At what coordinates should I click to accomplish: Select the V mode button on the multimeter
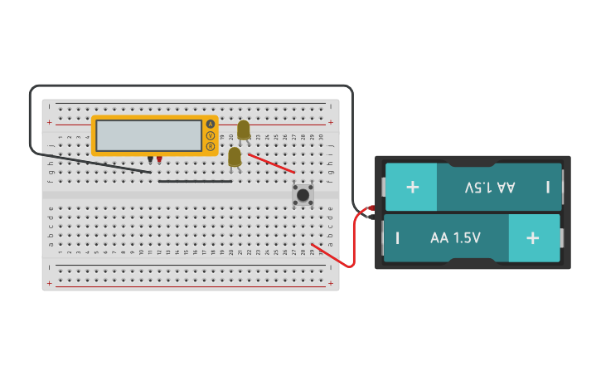[x=211, y=135]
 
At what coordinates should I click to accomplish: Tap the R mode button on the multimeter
[x=211, y=147]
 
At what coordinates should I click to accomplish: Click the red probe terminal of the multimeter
[x=159, y=159]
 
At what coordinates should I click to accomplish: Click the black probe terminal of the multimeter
[x=150, y=159]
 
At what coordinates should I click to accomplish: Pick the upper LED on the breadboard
[x=243, y=129]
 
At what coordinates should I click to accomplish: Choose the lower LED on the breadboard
[x=235, y=157]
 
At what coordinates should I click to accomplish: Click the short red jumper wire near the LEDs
[x=270, y=163]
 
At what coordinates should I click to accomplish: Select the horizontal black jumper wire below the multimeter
[x=195, y=181]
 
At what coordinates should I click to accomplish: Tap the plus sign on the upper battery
[x=412, y=186]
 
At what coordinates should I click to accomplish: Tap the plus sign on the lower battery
[x=532, y=238]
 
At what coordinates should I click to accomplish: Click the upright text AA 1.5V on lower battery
[x=455, y=238]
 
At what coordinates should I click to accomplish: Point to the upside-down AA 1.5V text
[x=490, y=187]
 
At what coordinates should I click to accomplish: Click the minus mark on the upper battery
[x=548, y=187]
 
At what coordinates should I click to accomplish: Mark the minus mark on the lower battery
[x=398, y=238]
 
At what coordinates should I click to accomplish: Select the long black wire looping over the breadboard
[x=191, y=85]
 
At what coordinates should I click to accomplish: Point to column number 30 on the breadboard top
[x=321, y=137]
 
